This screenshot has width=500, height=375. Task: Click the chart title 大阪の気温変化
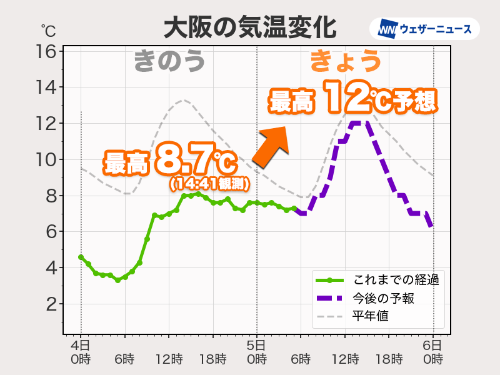(x=249, y=28)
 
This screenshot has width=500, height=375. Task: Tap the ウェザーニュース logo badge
(x=424, y=29)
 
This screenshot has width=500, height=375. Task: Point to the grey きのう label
(x=169, y=62)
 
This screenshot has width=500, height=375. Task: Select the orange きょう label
(x=346, y=61)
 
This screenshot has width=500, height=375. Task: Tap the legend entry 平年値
(x=370, y=316)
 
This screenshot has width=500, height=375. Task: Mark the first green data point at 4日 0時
(x=81, y=257)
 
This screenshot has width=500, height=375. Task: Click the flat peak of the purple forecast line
(x=358, y=123)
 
